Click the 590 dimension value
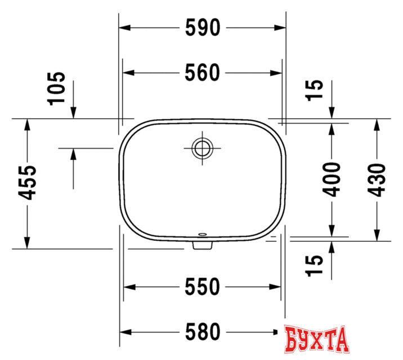coord(203,28)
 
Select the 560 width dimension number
coord(203,73)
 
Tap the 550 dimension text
coord(203,287)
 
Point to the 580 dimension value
coord(203,332)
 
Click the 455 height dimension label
coord(27,183)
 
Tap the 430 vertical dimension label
coord(378,180)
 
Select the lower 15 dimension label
coord(316,265)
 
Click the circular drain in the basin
coord(201,148)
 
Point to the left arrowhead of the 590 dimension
coord(124,28)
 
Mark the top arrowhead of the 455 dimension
coord(27,124)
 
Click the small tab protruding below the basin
coord(201,245)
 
